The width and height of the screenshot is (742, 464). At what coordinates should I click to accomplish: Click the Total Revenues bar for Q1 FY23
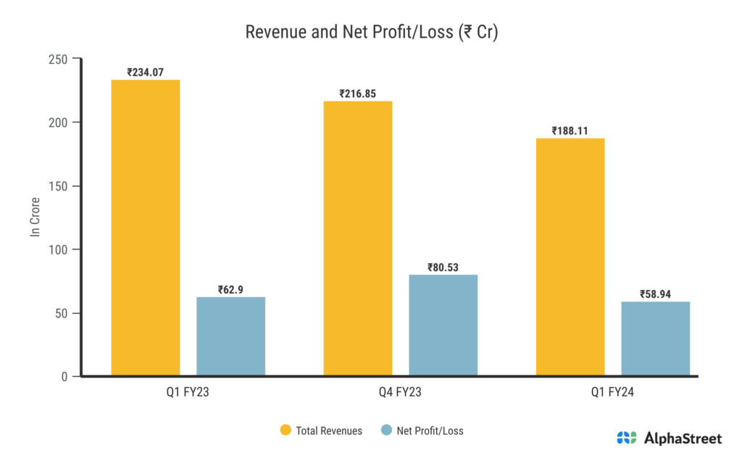click(145, 228)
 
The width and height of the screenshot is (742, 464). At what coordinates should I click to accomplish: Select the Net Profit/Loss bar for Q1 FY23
click(230, 336)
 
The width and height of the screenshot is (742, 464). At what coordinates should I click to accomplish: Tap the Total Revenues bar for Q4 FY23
click(358, 239)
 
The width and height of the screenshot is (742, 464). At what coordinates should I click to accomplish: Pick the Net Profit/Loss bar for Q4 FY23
click(443, 326)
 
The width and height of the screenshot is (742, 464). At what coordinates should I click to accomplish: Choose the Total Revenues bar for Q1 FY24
click(570, 257)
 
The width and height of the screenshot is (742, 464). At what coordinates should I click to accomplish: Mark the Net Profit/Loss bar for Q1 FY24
click(655, 339)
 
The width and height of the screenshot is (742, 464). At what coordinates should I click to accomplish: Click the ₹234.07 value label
click(145, 72)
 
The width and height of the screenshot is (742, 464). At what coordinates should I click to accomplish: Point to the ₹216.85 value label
click(358, 94)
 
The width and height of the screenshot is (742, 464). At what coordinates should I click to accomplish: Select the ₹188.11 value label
click(570, 131)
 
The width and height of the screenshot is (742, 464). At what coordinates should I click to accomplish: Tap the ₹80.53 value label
click(443, 268)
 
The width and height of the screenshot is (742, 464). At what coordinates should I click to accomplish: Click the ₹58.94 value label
click(655, 294)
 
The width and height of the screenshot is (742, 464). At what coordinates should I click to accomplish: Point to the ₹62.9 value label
click(230, 290)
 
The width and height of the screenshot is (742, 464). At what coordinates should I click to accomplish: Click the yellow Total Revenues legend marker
click(285, 431)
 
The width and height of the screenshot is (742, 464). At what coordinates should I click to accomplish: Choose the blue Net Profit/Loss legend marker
click(386, 431)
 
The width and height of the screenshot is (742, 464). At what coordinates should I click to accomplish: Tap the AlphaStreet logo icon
click(626, 438)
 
